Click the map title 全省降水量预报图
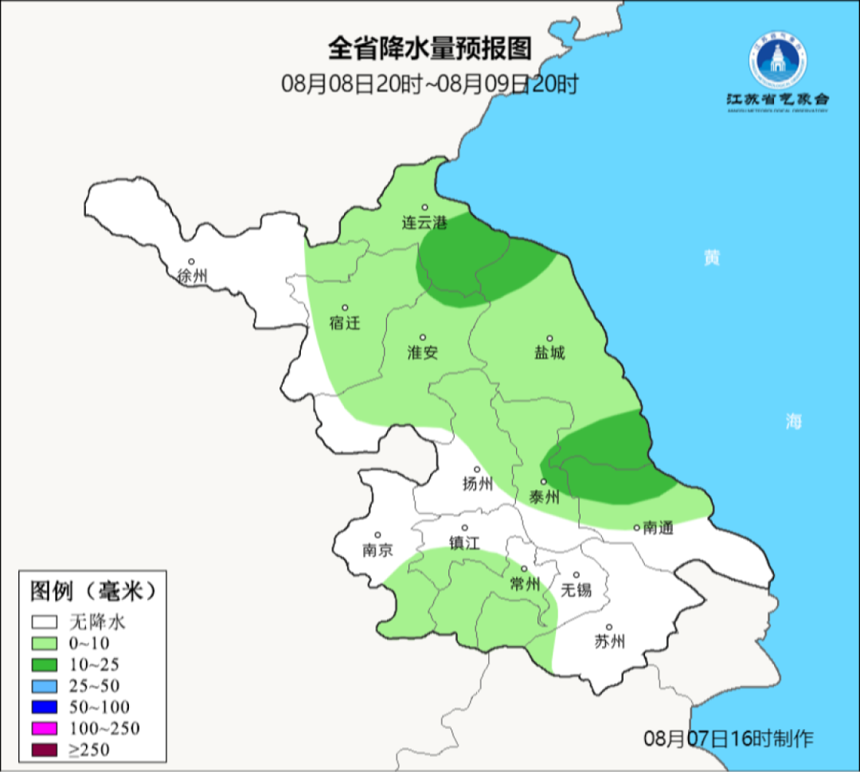coord(429,49)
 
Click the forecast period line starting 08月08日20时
coord(429,84)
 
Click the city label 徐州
coord(192,276)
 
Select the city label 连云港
coord(424,222)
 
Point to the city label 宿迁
coord(345,323)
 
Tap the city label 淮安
coord(423,353)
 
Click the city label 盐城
coord(549,353)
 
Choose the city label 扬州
coord(478,484)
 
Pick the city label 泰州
coord(544,497)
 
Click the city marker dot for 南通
coord(637,527)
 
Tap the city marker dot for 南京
coord(377,535)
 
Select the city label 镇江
coord(465,543)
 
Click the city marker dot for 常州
coord(524,569)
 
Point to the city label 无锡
coord(577,590)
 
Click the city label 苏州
coord(609,641)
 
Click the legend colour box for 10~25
coord(45,664)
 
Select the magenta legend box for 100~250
coord(45,728)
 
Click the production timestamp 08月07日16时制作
coord(729,739)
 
